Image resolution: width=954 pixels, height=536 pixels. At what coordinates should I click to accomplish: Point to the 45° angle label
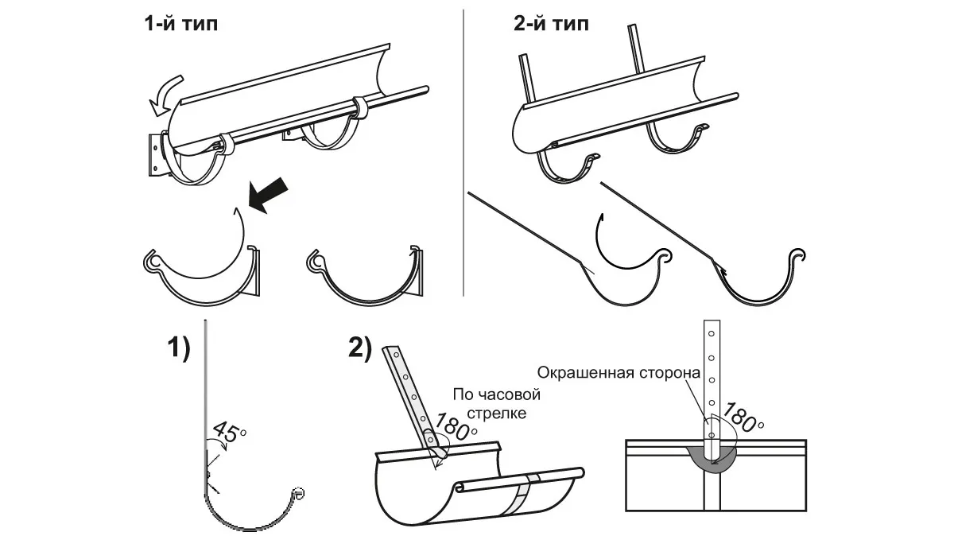(228, 434)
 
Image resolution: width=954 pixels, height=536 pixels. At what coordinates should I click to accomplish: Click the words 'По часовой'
(496, 395)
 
